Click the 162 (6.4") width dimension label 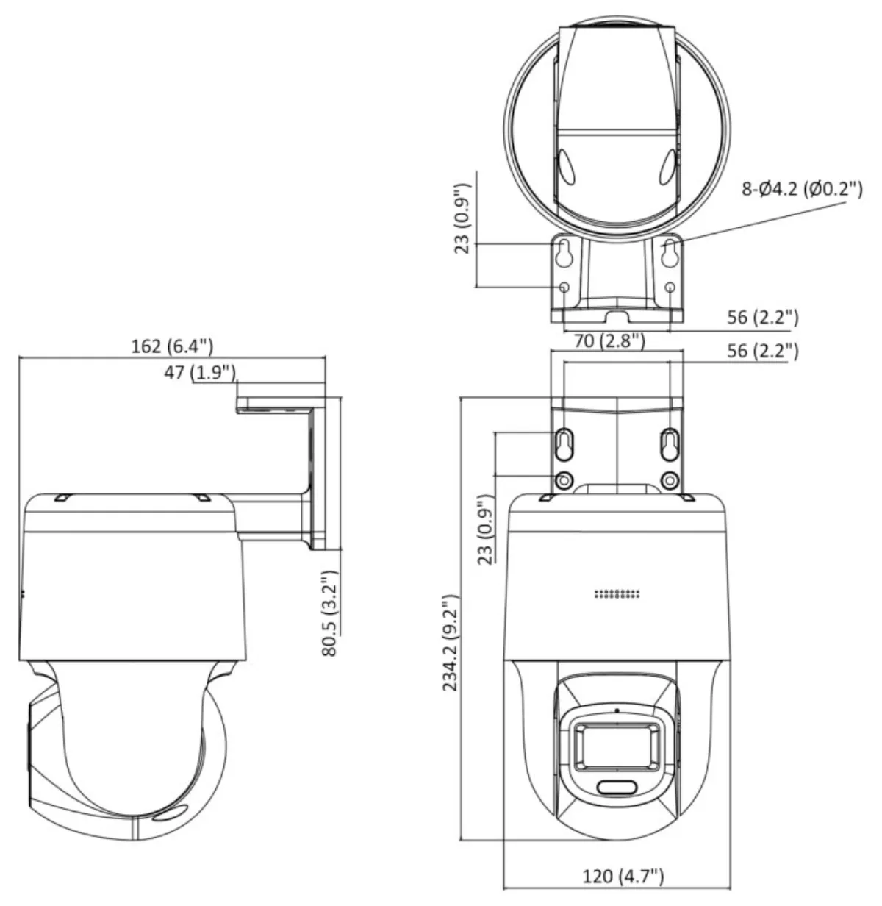click(172, 346)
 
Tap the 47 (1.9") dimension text click(200, 372)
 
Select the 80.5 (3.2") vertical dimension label click(329, 613)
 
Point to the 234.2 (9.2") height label click(451, 643)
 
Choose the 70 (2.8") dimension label click(609, 340)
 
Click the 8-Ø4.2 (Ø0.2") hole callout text click(802, 188)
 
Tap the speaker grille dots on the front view click(617, 593)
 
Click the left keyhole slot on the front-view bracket click(564, 444)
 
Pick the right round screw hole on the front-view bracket click(670, 480)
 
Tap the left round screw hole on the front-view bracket click(564, 480)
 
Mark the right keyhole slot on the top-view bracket click(670, 253)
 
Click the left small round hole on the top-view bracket click(564, 287)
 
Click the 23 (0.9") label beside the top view click(462, 218)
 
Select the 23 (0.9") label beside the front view click(485, 529)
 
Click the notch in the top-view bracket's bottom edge click(617, 317)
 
